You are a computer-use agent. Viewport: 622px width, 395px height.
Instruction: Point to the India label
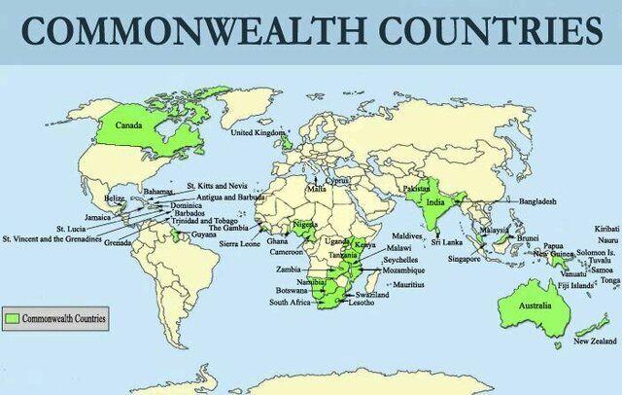[x=436, y=203]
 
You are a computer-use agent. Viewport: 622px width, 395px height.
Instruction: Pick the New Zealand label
[x=594, y=341]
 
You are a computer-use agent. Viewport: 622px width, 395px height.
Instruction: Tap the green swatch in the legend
[x=13, y=317]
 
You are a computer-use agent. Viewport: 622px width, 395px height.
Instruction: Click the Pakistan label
[x=416, y=187]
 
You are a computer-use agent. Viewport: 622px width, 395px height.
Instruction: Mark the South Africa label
[x=291, y=303]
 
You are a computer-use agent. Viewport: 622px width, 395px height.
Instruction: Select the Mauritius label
[x=409, y=283]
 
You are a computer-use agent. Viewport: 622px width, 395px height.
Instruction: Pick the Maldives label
[x=407, y=236]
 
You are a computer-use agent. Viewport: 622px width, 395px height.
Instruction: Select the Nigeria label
[x=305, y=223]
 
